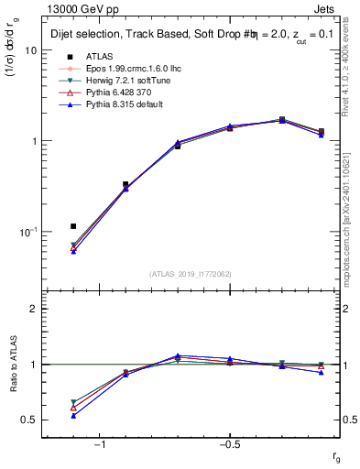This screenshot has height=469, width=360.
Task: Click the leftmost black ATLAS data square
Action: (73, 226)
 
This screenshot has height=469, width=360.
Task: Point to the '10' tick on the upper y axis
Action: (30, 51)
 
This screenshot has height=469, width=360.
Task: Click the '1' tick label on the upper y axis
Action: (33, 141)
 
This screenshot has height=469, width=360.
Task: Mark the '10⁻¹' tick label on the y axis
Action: (27, 231)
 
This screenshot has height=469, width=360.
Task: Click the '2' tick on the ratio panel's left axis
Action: (33, 309)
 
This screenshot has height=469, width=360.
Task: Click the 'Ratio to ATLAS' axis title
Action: (10, 366)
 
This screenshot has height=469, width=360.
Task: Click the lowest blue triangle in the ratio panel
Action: (73, 415)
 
